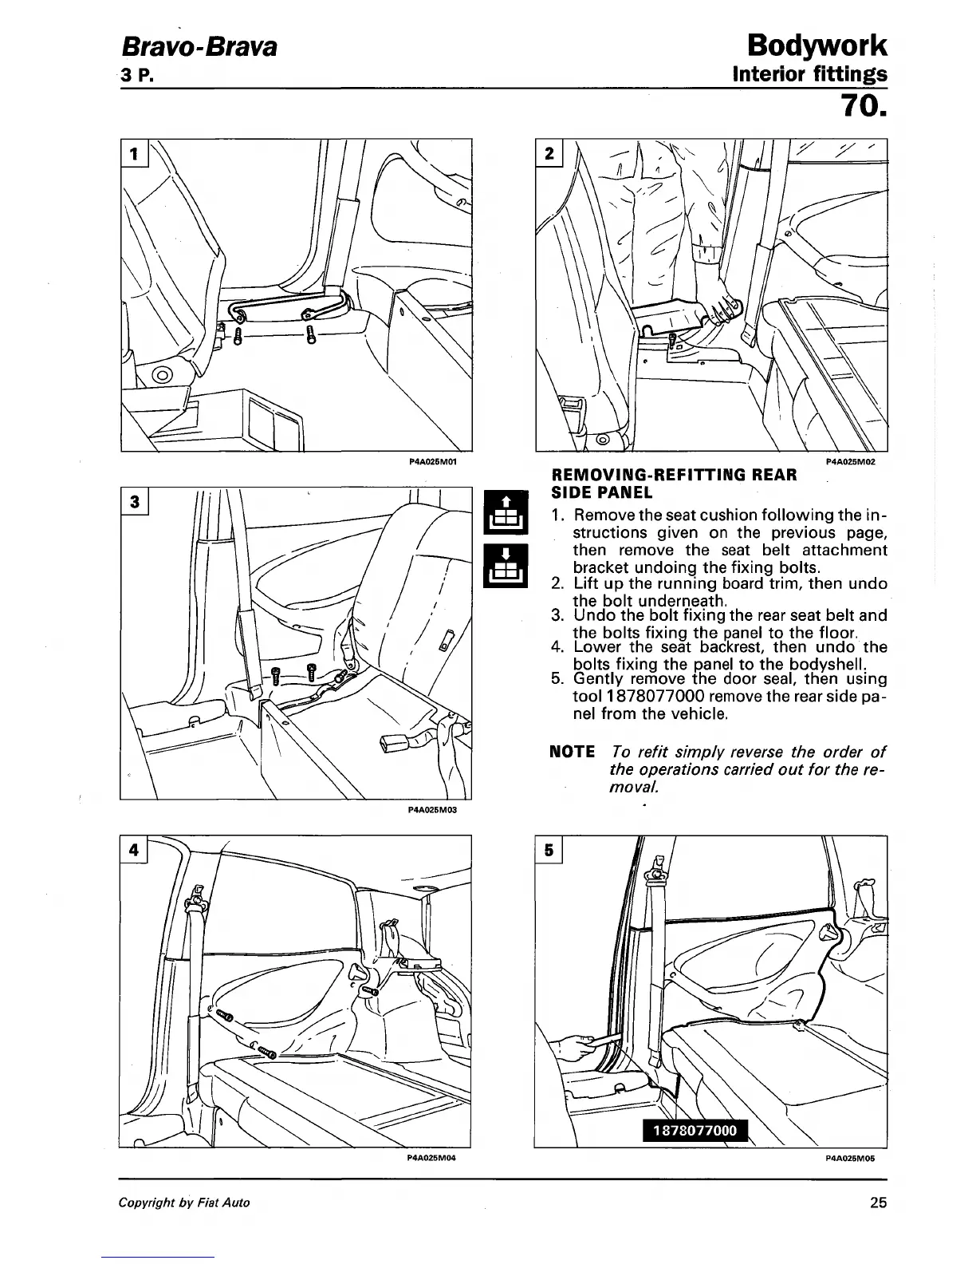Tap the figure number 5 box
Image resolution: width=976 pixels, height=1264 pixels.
[549, 850]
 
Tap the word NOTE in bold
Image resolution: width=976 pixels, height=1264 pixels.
[573, 752]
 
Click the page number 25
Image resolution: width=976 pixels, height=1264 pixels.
[879, 1203]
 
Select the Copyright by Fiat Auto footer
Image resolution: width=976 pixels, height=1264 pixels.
[184, 1203]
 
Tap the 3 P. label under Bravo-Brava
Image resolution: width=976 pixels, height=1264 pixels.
[136, 76]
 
